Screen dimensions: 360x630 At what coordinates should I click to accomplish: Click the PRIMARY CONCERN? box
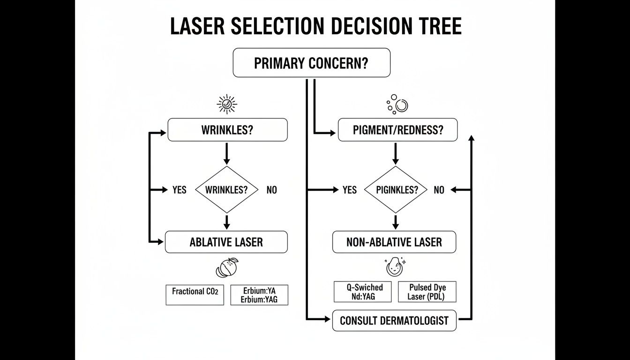[x=311, y=63]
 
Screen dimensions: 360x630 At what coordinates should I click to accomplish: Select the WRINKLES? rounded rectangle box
[x=227, y=130]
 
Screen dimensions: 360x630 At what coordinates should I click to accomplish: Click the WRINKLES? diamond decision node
[x=227, y=190]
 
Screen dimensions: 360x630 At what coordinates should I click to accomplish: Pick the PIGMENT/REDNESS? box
[x=397, y=130]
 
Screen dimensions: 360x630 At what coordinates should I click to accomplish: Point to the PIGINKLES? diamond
[x=396, y=190]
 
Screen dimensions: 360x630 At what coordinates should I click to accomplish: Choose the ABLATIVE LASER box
[x=226, y=242]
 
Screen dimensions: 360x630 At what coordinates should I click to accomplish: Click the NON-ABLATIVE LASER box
[x=394, y=242]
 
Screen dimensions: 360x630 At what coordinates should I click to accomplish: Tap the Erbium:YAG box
[x=259, y=295]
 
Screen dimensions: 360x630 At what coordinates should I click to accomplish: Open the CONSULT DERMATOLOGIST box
[x=394, y=321]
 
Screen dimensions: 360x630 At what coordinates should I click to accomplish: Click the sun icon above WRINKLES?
[x=227, y=104]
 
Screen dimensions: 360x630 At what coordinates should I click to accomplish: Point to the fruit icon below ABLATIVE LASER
[x=227, y=268]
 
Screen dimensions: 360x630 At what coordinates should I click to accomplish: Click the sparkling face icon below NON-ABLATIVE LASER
[x=394, y=266]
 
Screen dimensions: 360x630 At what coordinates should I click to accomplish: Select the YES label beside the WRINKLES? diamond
[x=179, y=190]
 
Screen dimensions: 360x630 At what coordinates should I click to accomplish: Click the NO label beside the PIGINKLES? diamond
[x=439, y=190]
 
